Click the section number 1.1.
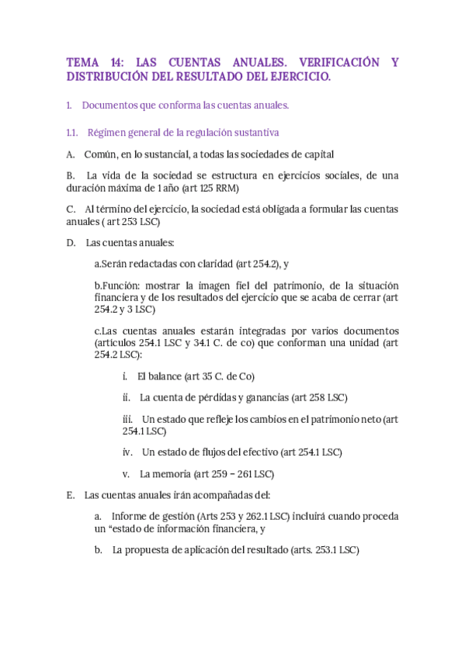[x=73, y=133]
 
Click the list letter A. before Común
[x=71, y=154]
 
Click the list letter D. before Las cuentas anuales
[x=71, y=243]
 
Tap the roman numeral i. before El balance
[x=125, y=376]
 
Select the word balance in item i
[x=165, y=376]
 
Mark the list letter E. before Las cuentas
[x=71, y=495]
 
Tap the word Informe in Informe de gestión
[x=130, y=517]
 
